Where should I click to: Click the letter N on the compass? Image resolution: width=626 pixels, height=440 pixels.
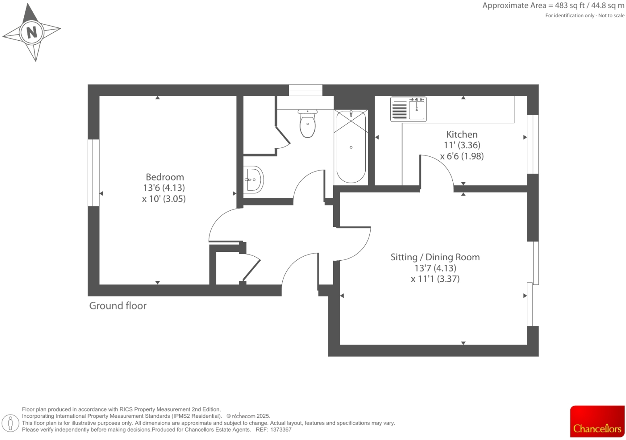[32, 31]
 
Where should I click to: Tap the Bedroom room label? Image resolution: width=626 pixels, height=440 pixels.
[165, 177]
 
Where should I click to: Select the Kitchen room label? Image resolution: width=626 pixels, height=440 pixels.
[462, 135]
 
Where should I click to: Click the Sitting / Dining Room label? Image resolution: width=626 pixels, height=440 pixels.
[435, 257]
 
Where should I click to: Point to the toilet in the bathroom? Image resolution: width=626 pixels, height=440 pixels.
[307, 124]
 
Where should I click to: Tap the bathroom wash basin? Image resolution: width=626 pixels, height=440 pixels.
[253, 180]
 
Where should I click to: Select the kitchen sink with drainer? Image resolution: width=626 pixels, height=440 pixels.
[408, 109]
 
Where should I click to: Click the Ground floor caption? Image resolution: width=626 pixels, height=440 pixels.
[118, 306]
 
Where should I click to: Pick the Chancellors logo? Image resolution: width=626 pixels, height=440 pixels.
[597, 421]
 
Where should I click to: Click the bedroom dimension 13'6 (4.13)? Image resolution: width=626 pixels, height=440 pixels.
[164, 188]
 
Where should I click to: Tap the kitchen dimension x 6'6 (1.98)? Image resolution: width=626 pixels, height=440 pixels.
[462, 156]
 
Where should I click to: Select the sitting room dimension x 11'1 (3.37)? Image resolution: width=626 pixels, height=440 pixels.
[435, 279]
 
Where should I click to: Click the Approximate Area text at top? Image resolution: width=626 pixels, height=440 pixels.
[553, 6]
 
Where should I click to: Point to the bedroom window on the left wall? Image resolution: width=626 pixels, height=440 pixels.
[93, 173]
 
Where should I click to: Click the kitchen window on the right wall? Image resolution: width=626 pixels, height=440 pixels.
[533, 144]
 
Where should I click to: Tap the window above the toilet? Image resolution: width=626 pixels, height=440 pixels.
[306, 90]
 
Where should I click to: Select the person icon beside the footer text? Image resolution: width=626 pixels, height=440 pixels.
[10, 423]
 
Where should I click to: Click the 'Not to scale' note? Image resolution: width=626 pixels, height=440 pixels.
[611, 16]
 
